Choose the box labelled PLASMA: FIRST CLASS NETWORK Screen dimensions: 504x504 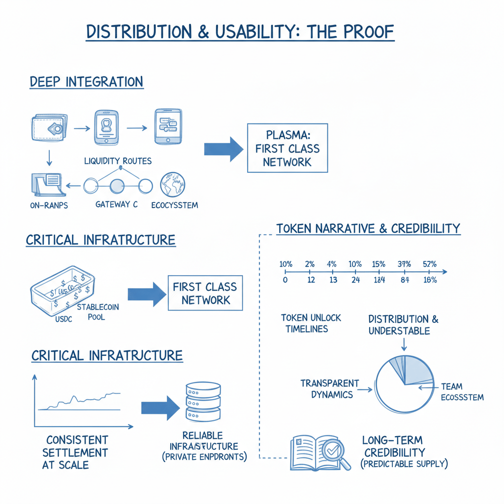click(x=287, y=149)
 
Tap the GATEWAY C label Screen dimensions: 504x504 click(x=117, y=204)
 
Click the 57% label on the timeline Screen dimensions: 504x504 click(x=430, y=264)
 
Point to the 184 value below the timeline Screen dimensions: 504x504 click(x=378, y=281)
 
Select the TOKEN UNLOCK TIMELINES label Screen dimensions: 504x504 click(x=311, y=323)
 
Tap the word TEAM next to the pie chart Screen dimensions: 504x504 click(x=451, y=387)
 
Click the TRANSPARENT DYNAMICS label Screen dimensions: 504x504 click(x=330, y=389)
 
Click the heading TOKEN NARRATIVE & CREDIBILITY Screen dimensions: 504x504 click(x=368, y=229)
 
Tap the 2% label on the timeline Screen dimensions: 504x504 click(x=310, y=264)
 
